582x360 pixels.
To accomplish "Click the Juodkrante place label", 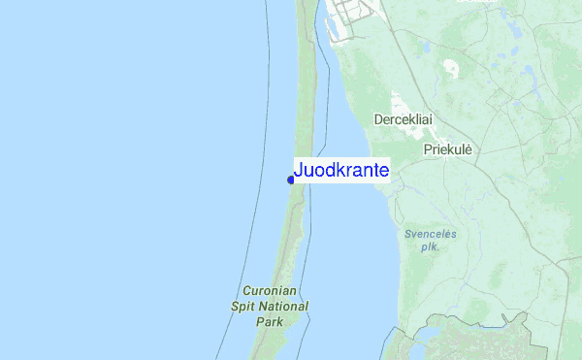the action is [x=341, y=171].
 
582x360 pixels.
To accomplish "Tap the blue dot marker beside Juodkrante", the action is [x=291, y=180].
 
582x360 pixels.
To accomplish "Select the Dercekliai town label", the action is [x=403, y=119].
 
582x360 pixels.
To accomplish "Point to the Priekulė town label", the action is [x=447, y=150].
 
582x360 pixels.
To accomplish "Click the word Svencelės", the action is [x=430, y=234].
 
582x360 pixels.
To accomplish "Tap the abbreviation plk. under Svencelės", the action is [x=430, y=247].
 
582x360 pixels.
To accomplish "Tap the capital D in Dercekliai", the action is [x=378, y=119].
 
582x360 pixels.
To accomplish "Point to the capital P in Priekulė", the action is [x=428, y=150].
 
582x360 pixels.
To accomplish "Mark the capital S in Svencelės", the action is [x=408, y=234].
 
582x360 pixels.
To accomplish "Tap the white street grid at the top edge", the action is [x=350, y=14].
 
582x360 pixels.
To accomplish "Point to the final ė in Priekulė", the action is [x=467, y=150].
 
